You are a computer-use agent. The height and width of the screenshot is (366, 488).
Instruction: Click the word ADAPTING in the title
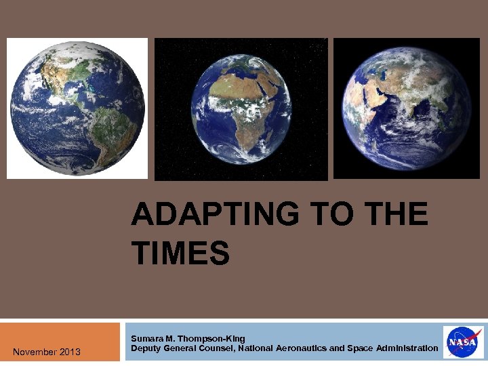tap(214, 216)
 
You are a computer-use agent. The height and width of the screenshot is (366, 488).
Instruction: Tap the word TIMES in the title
tap(181, 253)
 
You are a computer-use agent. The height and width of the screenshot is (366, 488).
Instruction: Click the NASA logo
tap(464, 342)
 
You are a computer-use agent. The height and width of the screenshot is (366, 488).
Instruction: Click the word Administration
tap(407, 348)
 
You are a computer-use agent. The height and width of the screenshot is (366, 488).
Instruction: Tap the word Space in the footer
tap(360, 348)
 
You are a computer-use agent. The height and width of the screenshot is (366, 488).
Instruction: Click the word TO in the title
tap(330, 216)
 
